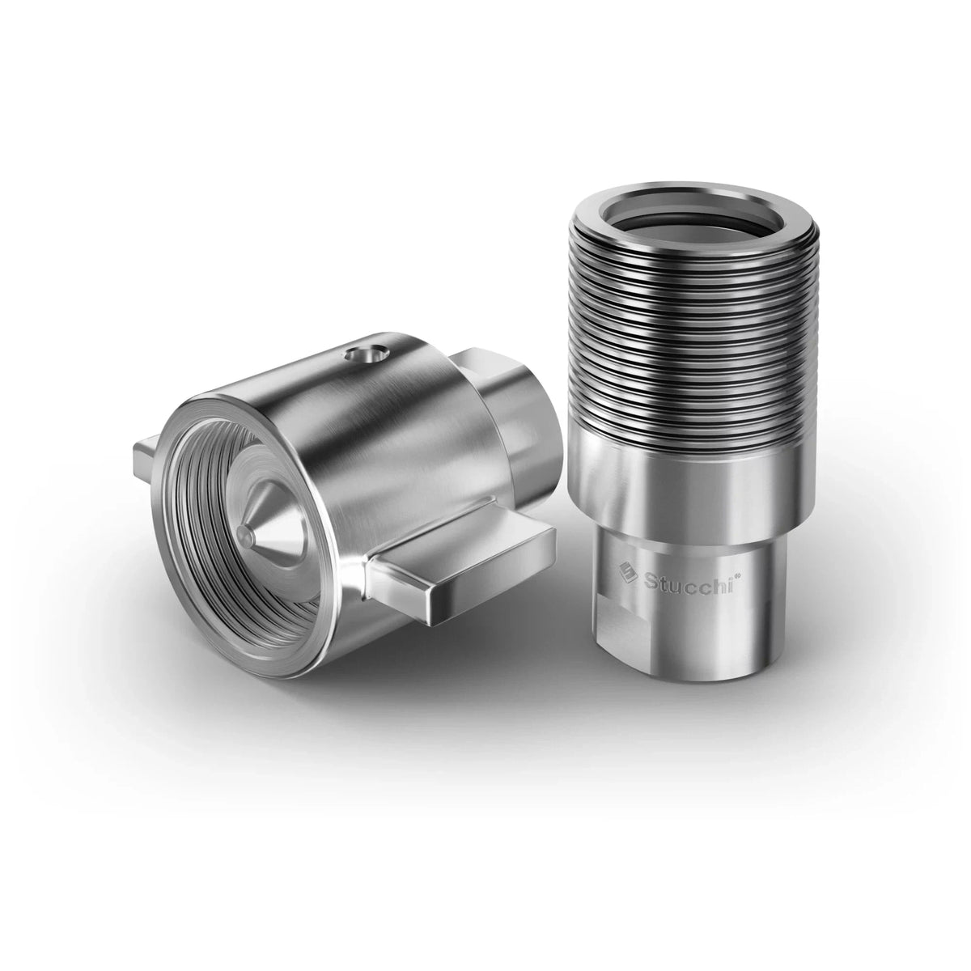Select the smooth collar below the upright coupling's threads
click(672, 494)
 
